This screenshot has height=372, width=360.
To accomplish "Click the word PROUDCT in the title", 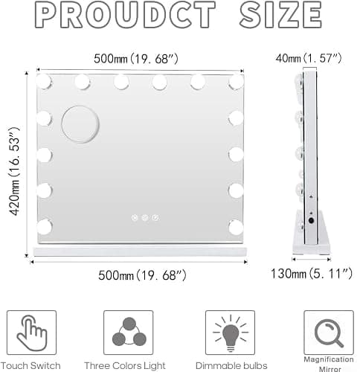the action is coord(125,15).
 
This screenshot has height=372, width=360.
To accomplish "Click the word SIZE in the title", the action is coord(280,15).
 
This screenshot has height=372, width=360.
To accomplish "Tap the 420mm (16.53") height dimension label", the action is coord(14,171).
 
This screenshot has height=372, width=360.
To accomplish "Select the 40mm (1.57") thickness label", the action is coord(309,58).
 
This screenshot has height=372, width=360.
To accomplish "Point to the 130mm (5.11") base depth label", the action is coord(312,274).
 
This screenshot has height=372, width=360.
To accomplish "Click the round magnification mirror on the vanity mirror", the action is coord(80,124).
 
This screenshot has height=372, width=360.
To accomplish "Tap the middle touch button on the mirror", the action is coord(145,218).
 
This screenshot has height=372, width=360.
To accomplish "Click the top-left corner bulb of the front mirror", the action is coord(44,81).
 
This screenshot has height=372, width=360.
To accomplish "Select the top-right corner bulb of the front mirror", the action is coord(236,81).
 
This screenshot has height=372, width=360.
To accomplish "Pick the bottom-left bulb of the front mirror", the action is coord(45,227).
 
